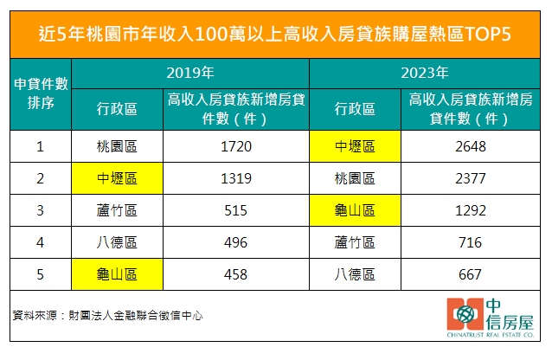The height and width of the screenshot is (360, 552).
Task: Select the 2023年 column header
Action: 429,73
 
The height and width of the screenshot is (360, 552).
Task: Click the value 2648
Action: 471,146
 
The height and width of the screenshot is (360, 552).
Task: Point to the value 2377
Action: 471,178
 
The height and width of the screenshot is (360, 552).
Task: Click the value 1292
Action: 471,210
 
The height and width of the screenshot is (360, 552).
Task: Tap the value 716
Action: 471,242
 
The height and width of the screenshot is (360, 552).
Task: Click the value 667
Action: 471,274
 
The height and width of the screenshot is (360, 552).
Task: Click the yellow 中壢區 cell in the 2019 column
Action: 117,178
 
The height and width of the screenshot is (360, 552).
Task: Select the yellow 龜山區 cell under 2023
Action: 355,210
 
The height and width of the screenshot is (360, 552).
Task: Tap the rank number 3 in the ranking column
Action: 40,210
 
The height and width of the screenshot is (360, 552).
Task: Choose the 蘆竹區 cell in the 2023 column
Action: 355,242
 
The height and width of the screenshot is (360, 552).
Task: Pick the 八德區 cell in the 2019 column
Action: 117,242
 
